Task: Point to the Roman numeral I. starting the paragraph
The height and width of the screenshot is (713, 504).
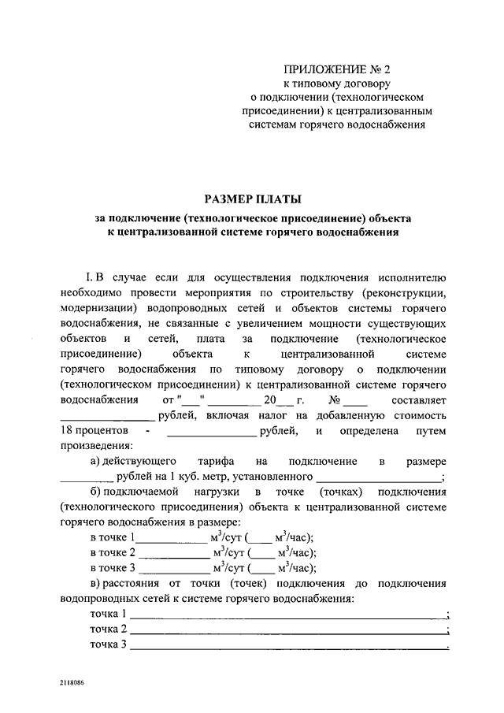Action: coord(89,278)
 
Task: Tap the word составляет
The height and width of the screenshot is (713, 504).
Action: coord(417,399)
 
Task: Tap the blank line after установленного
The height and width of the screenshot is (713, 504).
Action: coord(380,476)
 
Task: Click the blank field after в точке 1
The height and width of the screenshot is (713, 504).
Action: coord(172,537)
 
